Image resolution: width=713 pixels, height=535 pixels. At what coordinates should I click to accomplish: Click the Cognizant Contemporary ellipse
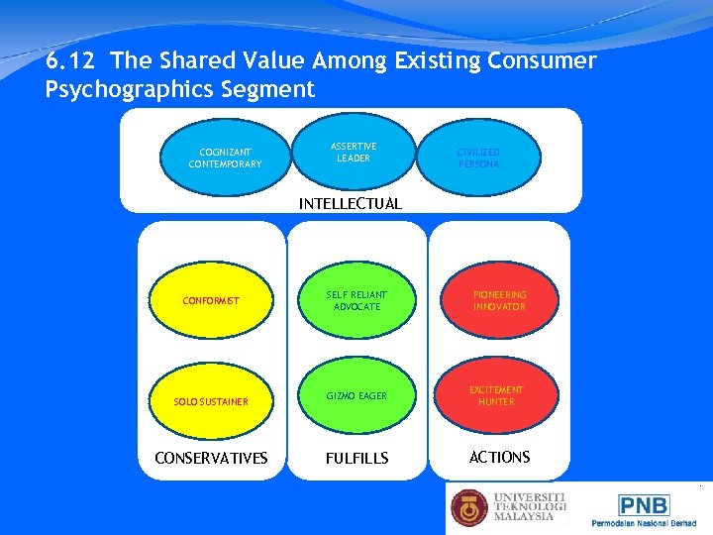pos(225,158)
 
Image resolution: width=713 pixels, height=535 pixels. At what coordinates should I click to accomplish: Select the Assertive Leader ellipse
pos(353,152)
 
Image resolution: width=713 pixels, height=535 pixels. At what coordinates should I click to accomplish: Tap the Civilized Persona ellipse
pos(478,158)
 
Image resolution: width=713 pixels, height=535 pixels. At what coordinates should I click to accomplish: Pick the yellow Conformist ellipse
pos(211,300)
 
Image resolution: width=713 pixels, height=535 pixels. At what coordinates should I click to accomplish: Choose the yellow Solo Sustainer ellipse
pos(211,401)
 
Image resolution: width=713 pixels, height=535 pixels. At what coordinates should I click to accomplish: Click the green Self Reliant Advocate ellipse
pos(356,300)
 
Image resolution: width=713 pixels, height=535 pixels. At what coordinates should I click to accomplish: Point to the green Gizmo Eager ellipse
pos(356,395)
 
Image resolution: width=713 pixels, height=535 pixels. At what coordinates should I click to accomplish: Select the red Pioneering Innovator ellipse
pos(499,300)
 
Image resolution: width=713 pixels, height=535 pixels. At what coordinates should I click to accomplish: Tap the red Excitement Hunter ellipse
pos(496,395)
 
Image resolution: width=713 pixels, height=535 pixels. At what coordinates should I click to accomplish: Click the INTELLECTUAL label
pos(351,204)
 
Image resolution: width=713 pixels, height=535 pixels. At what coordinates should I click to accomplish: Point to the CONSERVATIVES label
pos(211,458)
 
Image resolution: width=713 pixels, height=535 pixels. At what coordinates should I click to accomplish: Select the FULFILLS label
pos(356,459)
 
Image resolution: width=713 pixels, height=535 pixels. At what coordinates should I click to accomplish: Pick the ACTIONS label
pos(499,457)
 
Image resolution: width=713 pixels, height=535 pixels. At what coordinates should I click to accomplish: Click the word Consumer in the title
pos(544,61)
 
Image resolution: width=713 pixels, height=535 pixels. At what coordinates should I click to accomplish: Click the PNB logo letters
pos(644,505)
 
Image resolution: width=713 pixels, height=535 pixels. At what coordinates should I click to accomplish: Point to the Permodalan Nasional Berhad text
pos(643,522)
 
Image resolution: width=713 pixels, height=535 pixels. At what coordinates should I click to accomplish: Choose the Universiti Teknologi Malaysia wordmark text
pos(529,507)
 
